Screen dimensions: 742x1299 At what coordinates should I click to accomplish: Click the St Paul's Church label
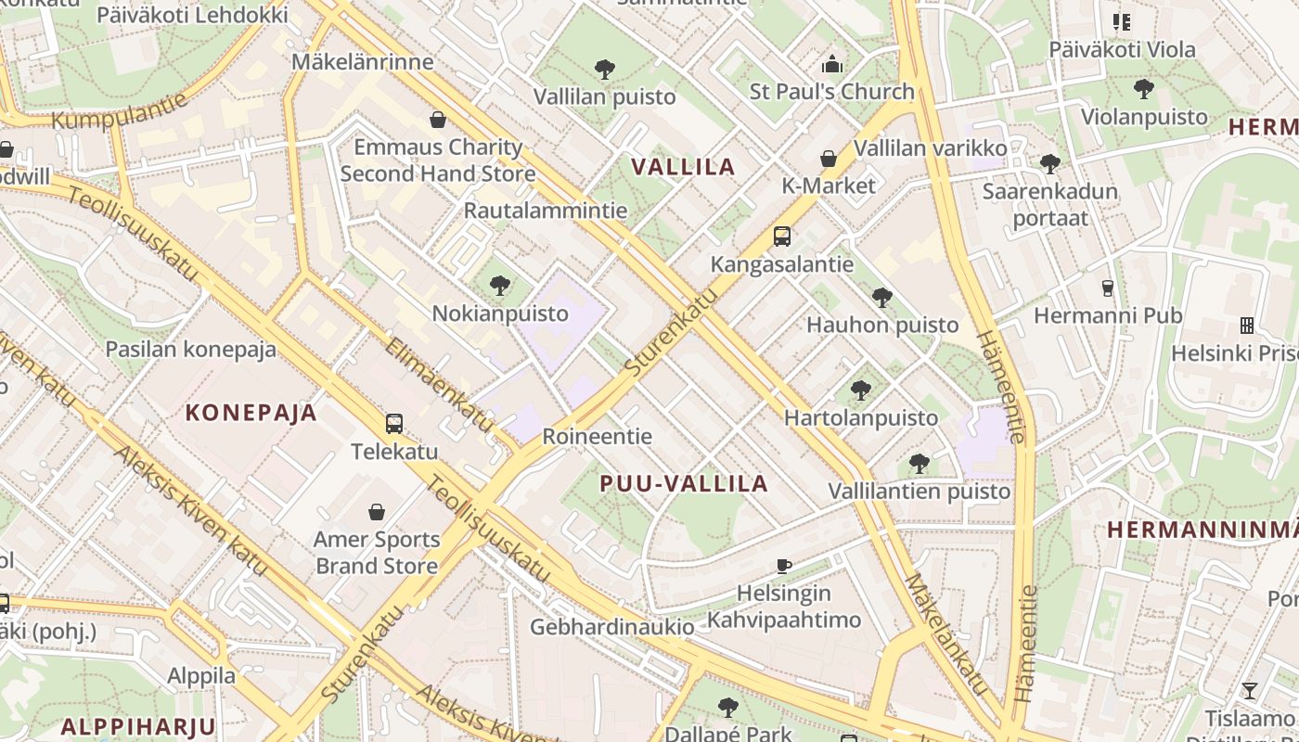point(832,92)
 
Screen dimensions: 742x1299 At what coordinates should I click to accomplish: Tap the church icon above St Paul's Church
point(832,65)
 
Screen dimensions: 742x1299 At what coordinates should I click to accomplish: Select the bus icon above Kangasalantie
point(782,237)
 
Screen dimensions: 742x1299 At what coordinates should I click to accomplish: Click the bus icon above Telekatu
point(394,424)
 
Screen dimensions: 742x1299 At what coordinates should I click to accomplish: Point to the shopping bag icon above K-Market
point(829,159)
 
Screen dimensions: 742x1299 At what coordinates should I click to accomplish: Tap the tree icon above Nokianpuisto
point(500,285)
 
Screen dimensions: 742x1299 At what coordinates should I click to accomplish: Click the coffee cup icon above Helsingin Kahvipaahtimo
point(784,566)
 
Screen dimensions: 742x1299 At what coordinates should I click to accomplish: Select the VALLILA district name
point(684,167)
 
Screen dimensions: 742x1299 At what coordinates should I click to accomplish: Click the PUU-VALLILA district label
point(684,483)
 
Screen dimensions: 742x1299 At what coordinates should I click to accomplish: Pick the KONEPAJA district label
point(251,413)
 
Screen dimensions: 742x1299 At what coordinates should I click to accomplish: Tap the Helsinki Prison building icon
point(1247,326)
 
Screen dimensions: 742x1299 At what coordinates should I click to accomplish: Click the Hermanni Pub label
point(1108,315)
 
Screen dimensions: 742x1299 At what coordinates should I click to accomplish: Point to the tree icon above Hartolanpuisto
point(861,390)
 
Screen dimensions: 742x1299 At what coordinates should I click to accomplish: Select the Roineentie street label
point(597,436)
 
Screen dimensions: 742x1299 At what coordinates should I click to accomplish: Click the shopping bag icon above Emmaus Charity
point(438,120)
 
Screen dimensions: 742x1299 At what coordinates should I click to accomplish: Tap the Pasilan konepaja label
point(191,349)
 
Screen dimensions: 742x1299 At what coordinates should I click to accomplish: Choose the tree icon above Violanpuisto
point(1144,89)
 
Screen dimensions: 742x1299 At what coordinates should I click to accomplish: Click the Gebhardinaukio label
point(611,627)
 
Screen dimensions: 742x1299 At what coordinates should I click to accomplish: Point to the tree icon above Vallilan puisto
point(605,69)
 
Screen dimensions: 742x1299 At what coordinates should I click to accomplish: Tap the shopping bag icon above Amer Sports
point(377,512)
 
